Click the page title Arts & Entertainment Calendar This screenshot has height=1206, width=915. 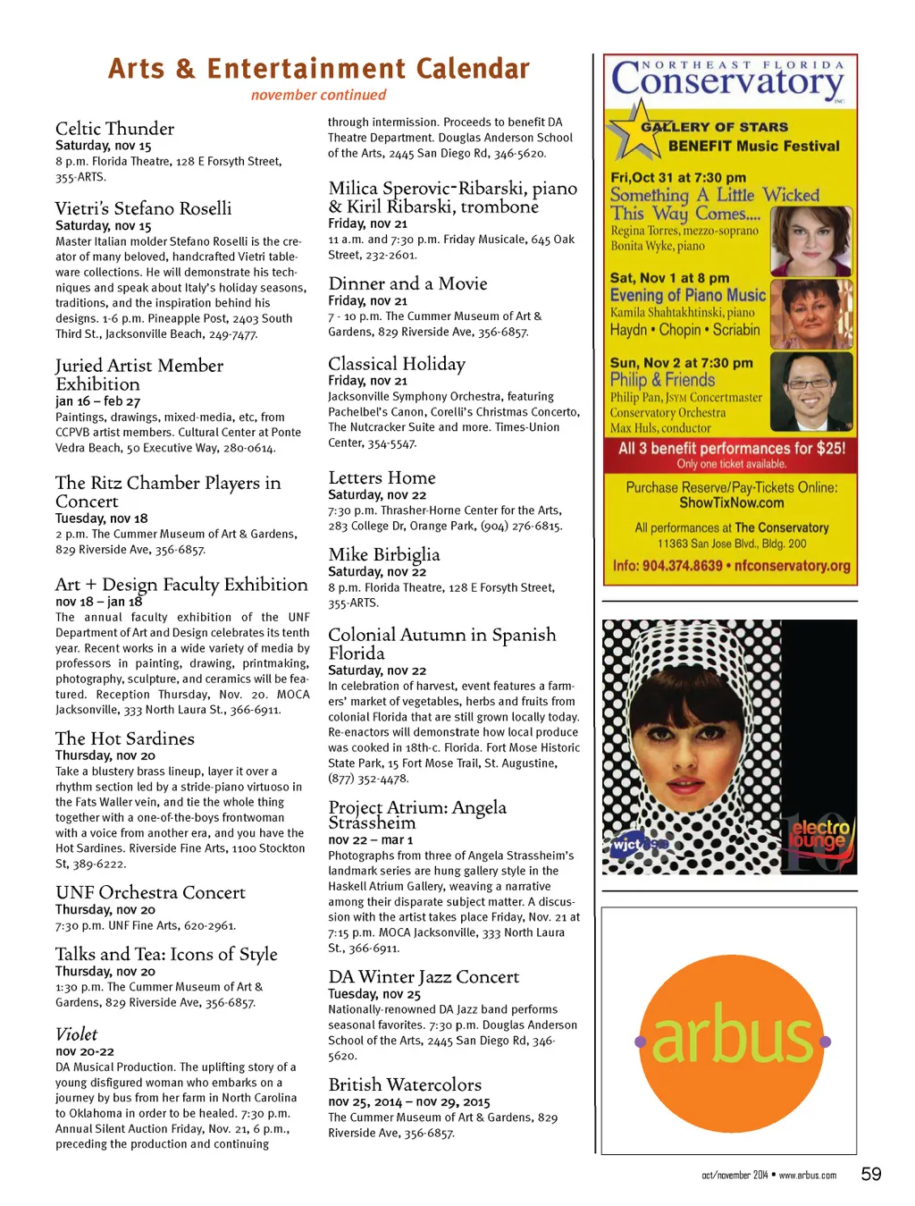click(319, 69)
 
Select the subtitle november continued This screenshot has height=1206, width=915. click(319, 95)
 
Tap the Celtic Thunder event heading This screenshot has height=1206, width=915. click(114, 129)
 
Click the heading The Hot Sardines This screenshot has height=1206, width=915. click(124, 738)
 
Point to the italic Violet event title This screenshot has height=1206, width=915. click(76, 1034)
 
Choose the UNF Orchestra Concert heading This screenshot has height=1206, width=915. click(150, 892)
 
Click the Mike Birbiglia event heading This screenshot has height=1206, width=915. click(383, 554)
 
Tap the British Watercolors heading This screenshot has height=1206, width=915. click(405, 1084)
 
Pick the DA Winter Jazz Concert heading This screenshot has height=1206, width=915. click(424, 977)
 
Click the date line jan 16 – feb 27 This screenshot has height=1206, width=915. click(97, 401)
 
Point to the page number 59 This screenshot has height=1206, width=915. click(871, 1174)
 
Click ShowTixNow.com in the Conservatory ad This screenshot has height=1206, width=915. click(732, 503)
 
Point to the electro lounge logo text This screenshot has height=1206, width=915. click(820, 834)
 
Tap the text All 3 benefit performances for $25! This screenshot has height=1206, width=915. click(732, 448)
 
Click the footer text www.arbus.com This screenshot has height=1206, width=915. click(808, 1176)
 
